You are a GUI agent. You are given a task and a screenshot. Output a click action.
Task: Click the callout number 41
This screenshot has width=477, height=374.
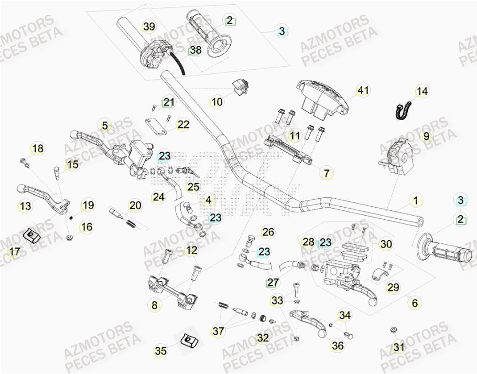[x=363, y=91]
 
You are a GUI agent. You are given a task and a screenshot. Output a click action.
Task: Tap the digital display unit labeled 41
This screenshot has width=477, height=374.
[x=320, y=100]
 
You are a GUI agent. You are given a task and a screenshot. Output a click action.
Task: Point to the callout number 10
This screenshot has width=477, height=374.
[x=217, y=101]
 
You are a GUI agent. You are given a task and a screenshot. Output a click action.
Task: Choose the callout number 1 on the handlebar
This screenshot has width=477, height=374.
[x=415, y=200]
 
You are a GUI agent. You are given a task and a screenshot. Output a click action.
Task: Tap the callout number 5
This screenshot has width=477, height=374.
[x=105, y=125]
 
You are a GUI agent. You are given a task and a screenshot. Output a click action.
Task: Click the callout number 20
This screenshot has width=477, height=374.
[x=135, y=205]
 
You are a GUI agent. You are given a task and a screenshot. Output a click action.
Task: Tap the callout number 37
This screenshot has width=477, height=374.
[x=218, y=331]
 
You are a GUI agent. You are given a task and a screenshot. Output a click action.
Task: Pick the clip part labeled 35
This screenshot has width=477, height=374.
[x=185, y=340]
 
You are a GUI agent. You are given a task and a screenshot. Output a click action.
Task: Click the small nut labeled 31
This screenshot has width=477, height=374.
[x=393, y=330]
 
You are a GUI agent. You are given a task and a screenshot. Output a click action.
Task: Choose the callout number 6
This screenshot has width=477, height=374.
[x=415, y=303]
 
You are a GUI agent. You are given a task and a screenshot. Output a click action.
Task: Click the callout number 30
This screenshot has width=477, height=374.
[x=386, y=244]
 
